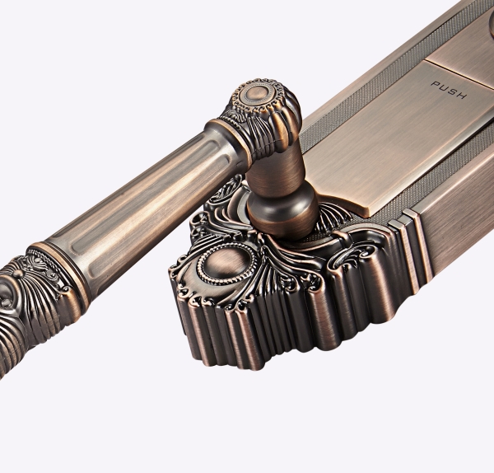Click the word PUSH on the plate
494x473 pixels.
coord(449,90)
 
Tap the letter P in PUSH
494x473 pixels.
coord(435,85)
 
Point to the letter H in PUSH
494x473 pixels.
coord(462,96)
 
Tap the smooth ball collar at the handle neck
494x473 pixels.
coord(282,209)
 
